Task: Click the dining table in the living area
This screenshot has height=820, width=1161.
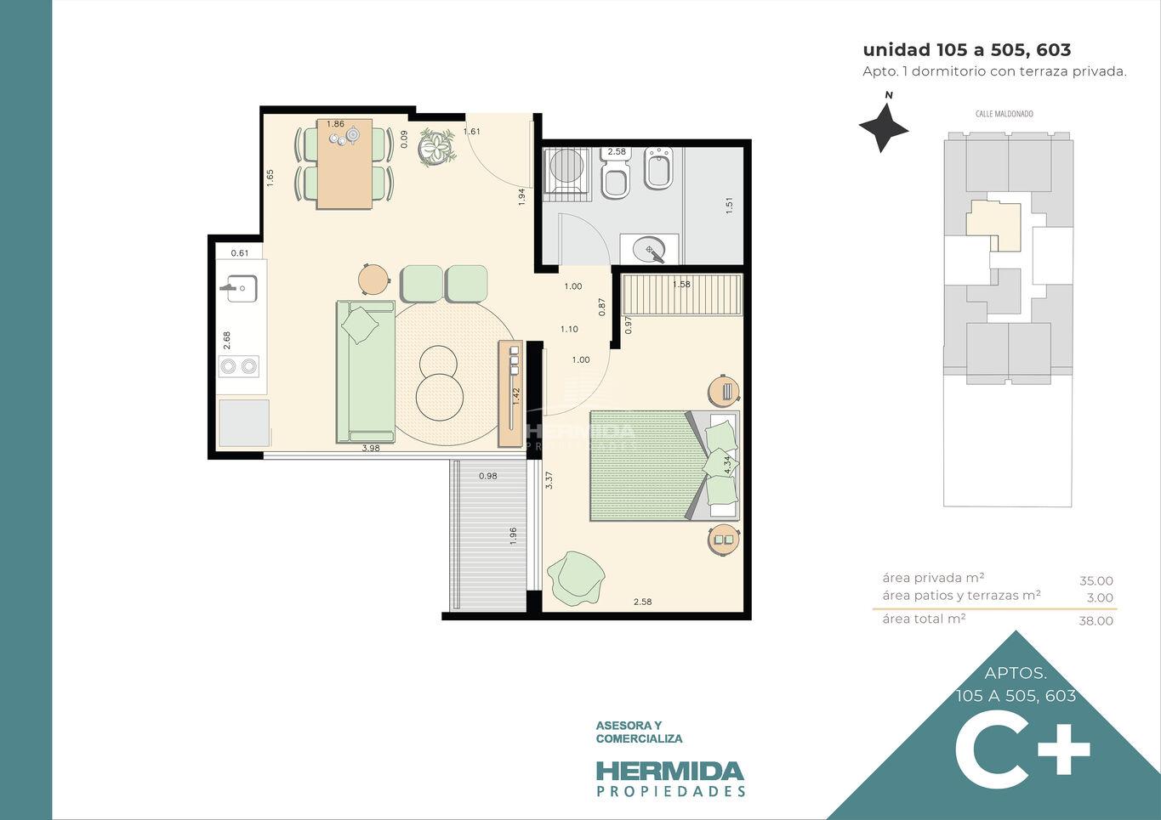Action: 344,164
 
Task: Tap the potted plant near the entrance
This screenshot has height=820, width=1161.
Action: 438,148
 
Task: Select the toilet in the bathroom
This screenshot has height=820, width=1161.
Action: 616,172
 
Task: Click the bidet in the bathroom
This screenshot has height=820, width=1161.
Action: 658,168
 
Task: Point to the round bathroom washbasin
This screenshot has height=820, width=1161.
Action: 650,250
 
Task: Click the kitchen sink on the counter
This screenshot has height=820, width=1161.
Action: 240,288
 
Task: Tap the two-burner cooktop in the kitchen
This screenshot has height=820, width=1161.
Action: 239,366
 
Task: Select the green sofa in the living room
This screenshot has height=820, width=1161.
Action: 366,371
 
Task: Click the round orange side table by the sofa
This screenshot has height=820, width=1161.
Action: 373,279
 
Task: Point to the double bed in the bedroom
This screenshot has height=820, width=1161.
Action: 664,466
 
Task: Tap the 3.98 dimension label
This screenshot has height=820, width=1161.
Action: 371,449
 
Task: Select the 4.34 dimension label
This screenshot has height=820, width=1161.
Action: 728,465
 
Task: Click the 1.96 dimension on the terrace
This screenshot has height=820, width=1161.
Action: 513,536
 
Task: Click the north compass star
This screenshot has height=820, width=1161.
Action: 884,127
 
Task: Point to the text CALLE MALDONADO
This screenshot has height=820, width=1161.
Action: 1004,114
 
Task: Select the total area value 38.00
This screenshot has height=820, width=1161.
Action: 1096,620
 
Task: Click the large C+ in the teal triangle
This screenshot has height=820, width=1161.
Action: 1022,756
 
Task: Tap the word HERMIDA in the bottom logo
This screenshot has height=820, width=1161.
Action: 670,772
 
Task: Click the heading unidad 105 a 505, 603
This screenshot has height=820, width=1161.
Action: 966,49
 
